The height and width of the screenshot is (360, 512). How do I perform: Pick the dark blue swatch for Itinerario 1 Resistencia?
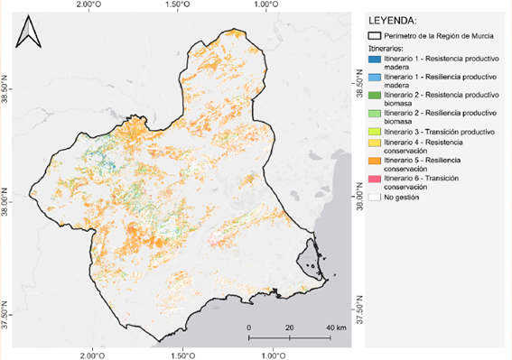tap(376, 58)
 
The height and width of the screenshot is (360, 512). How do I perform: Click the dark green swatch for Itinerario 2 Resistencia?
tap(376, 94)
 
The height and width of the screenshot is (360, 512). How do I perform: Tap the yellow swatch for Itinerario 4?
tap(376, 143)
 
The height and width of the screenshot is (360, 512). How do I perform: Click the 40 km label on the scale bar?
tap(335, 326)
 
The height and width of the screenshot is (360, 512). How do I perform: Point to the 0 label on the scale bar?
tap(248, 326)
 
